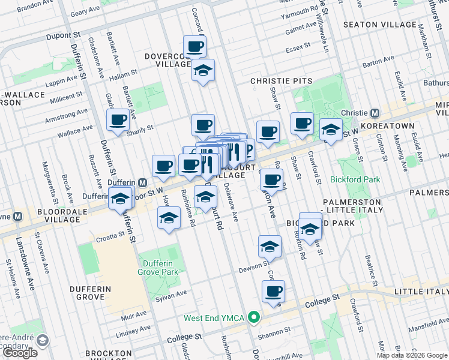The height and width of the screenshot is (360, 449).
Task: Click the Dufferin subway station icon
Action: click(x=143, y=182)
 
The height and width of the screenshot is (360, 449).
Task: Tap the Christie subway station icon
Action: click(x=374, y=113)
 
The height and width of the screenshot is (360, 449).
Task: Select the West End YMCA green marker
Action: click(x=253, y=317)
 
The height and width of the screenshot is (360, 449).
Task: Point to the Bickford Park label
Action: click(x=355, y=179)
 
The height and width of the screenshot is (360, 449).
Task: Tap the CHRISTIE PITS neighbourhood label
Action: click(x=282, y=81)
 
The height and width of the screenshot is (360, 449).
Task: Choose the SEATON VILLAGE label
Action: click(x=379, y=25)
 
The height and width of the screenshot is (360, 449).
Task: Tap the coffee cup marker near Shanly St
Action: click(x=117, y=120)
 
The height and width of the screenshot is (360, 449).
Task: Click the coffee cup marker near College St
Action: click(x=273, y=292)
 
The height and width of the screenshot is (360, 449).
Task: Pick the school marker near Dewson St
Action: click(x=270, y=247)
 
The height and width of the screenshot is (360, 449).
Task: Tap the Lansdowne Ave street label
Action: click(x=27, y=264)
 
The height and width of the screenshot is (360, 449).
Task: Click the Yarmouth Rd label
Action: click(x=302, y=11)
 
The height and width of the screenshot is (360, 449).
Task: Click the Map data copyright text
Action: click(x=411, y=355)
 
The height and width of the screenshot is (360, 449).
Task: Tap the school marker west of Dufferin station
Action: click(x=120, y=198)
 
